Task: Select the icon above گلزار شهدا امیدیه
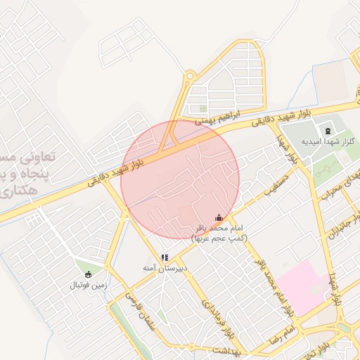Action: coord(328,130)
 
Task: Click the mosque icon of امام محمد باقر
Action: coord(218,218)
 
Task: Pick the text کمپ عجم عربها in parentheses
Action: coord(219,239)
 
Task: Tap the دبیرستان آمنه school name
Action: coord(164,269)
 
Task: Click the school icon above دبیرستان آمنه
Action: coord(164,258)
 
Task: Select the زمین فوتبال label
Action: coord(87,286)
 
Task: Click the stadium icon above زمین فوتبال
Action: coord(87,274)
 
